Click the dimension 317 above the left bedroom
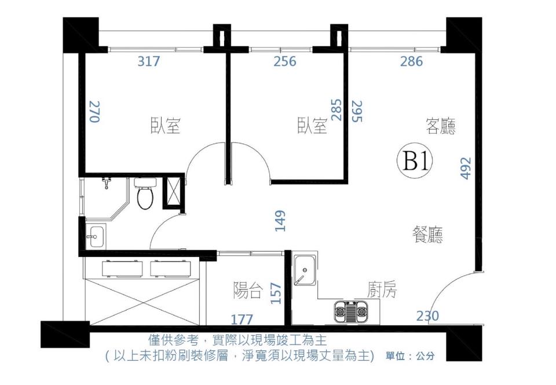pos(148,61)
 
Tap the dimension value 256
pos(284,61)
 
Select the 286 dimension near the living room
pos(411,61)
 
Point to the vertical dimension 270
pos(94,111)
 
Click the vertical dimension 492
pos(466,168)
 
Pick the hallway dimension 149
pos(281,221)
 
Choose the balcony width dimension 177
pos(242,318)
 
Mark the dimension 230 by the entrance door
pos(427,316)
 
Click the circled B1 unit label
pos(415,162)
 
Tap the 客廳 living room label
pos(440,126)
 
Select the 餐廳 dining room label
pos(427,234)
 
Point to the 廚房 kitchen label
pos(382,290)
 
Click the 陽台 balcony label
pos(247,291)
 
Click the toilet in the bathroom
pos(145,195)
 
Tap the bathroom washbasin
pos(96,236)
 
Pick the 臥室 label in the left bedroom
pos(166,126)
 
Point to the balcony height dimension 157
pos(276,294)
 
